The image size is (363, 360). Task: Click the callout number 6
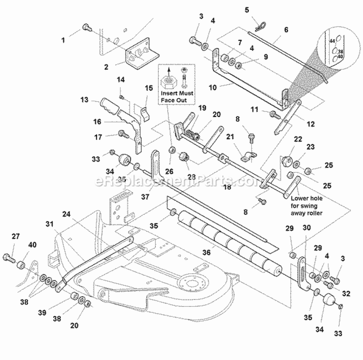click(286, 29)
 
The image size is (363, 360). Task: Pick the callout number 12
click(310, 124)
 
